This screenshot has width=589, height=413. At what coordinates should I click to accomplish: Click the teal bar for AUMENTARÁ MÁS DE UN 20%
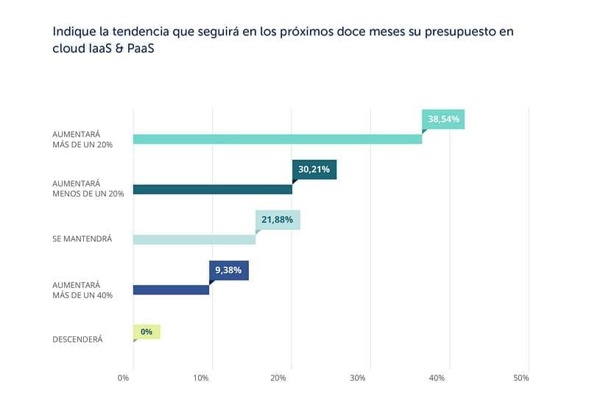(x=277, y=139)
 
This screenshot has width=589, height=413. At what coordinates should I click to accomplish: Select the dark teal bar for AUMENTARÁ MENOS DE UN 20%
(x=212, y=189)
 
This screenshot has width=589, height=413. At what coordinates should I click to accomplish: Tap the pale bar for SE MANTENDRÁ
(x=194, y=239)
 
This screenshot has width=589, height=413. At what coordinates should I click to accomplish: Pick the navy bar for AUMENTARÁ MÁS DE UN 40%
(x=171, y=289)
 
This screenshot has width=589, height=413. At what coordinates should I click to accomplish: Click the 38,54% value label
(x=443, y=119)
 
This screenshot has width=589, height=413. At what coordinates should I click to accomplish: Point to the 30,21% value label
(x=314, y=169)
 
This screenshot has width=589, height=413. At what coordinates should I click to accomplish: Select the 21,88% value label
(x=278, y=219)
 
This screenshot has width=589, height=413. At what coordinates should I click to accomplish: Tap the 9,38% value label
(x=229, y=270)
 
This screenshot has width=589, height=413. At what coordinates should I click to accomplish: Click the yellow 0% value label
(x=147, y=332)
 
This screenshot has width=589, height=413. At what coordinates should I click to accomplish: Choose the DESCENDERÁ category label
(x=77, y=339)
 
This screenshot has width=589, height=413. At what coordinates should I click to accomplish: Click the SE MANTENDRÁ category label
(x=82, y=239)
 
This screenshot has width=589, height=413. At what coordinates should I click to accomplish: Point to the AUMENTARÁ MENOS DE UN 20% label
(x=88, y=188)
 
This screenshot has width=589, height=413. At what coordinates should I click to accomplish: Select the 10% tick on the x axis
(x=200, y=378)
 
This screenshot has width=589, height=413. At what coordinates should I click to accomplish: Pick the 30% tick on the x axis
(x=358, y=378)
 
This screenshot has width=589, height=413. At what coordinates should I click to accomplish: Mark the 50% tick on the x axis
(x=521, y=378)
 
